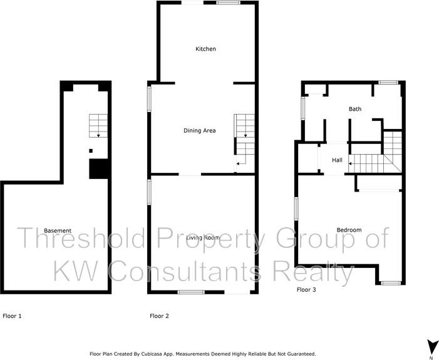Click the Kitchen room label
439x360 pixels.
[x=205, y=49]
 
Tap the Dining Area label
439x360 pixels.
[x=199, y=130]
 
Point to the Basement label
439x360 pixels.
[x=57, y=230]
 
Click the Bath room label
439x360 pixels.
[x=355, y=109]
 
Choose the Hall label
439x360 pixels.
[x=337, y=160]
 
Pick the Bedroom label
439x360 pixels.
[x=349, y=230]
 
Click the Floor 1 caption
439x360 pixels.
[x=13, y=316]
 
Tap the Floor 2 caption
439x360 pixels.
[x=159, y=316]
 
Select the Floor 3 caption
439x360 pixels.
[x=306, y=290]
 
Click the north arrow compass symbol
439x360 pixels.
[x=431, y=346]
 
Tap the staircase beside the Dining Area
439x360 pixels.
[x=244, y=141]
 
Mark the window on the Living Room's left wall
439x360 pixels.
[x=149, y=192]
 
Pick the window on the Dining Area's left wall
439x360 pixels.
[x=149, y=99]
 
